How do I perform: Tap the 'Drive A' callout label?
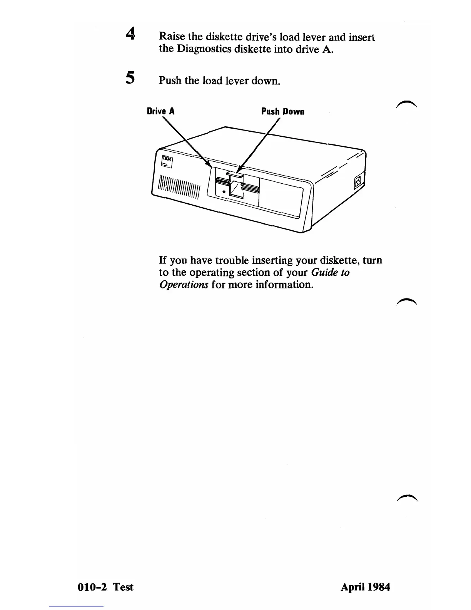(161, 112)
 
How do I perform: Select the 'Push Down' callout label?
(283, 112)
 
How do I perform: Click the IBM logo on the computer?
(167, 159)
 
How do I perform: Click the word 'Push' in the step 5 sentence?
(170, 80)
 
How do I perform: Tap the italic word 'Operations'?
(184, 285)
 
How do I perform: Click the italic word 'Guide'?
(324, 272)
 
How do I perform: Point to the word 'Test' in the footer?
(123, 587)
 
